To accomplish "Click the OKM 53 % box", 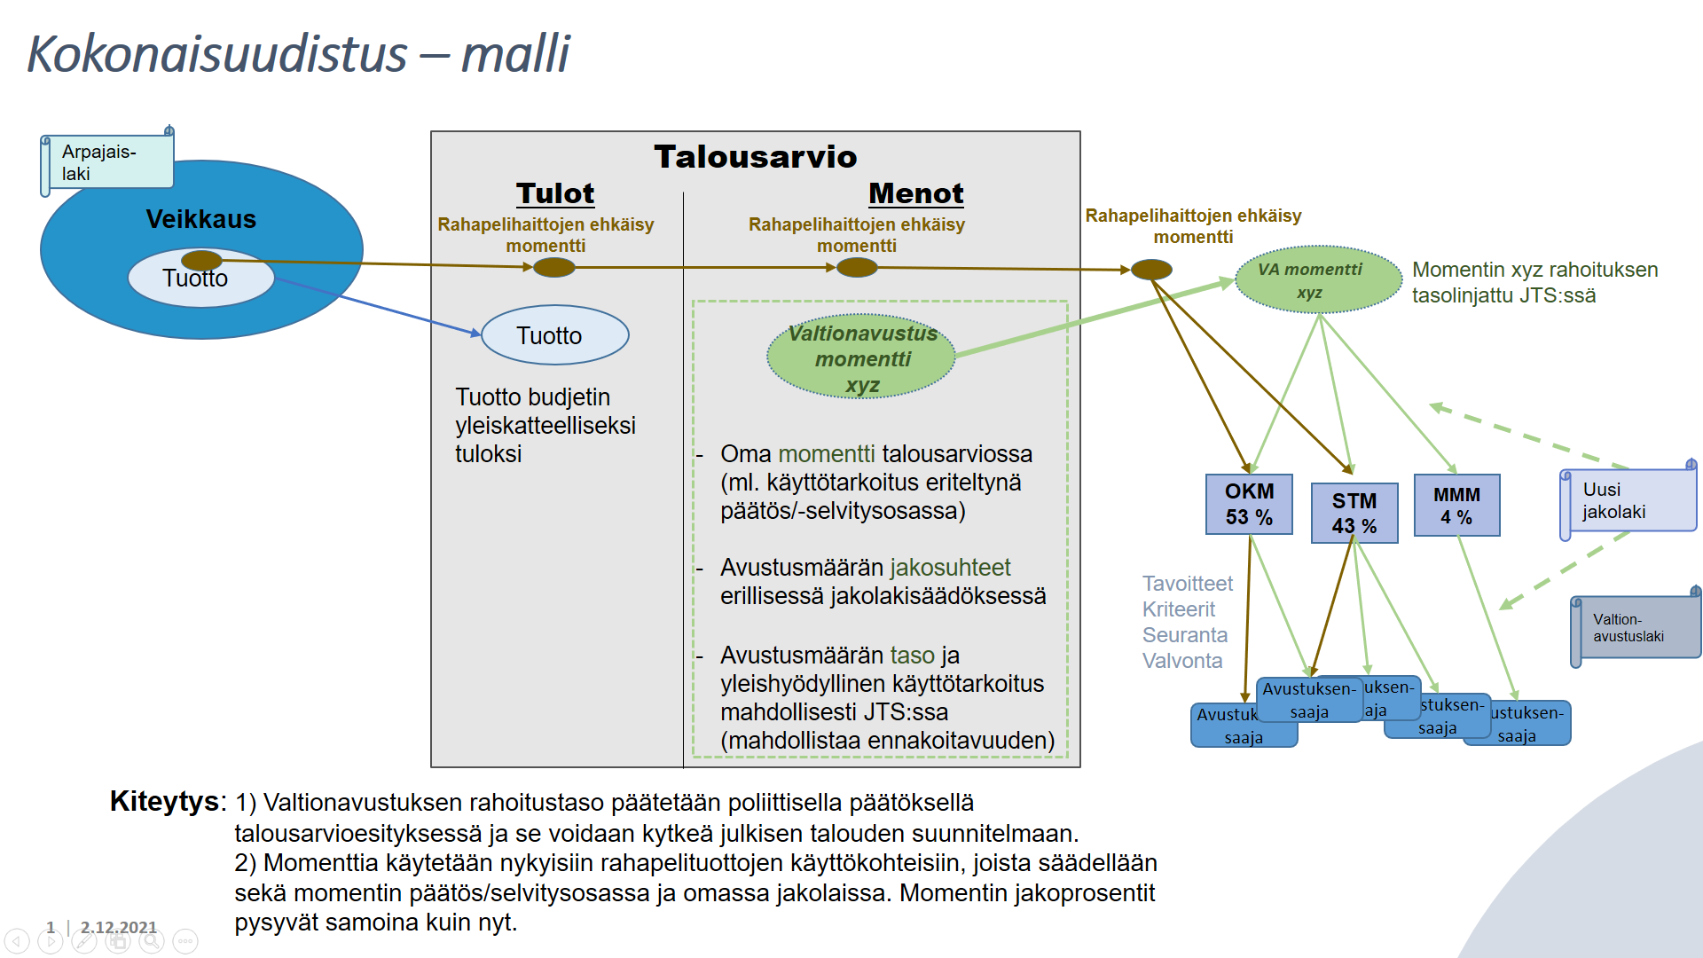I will pyautogui.click(x=1249, y=504).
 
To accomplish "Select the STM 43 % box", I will pyautogui.click(x=1354, y=513).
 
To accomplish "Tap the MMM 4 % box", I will pyautogui.click(x=1456, y=505).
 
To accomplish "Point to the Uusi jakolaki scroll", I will pyautogui.click(x=1628, y=501).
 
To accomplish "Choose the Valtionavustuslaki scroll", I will pyautogui.click(x=1636, y=628).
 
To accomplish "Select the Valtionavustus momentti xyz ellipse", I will pyautogui.click(x=861, y=357).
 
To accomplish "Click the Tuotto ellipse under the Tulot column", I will pyautogui.click(x=554, y=335).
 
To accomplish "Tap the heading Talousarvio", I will pyautogui.click(x=756, y=157).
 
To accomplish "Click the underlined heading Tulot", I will pyautogui.click(x=555, y=193).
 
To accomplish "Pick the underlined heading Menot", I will pyautogui.click(x=915, y=193).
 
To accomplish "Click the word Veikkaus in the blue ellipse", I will pyautogui.click(x=200, y=219).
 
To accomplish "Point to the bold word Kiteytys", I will pyautogui.click(x=165, y=800).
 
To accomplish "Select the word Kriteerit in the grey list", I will pyautogui.click(x=1179, y=609).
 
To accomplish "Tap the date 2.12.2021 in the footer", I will pyautogui.click(x=118, y=927).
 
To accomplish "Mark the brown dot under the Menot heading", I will pyautogui.click(x=857, y=267).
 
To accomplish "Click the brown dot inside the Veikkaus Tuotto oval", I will pyautogui.click(x=201, y=260).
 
